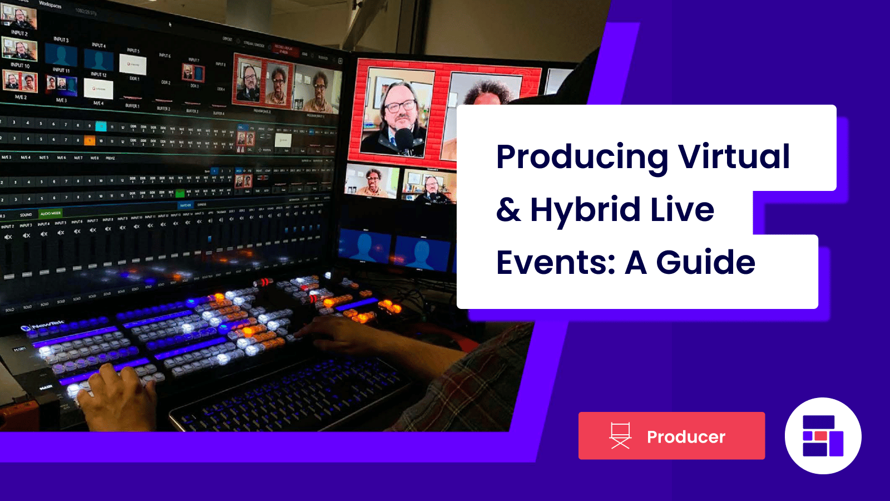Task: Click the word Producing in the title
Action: [x=581, y=158]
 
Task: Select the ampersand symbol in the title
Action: [x=508, y=210]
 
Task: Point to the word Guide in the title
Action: [x=705, y=262]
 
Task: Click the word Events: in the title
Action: [x=556, y=262]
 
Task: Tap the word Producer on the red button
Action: [x=686, y=437]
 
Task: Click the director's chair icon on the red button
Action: [x=620, y=436]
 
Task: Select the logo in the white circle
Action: [x=823, y=436]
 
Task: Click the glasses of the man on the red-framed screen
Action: [x=400, y=106]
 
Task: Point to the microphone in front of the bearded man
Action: [x=404, y=139]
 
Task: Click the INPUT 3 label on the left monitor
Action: [x=61, y=40]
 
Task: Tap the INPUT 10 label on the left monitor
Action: [x=20, y=65]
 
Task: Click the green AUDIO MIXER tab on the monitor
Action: [x=51, y=213]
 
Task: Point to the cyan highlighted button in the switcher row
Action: [x=101, y=126]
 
